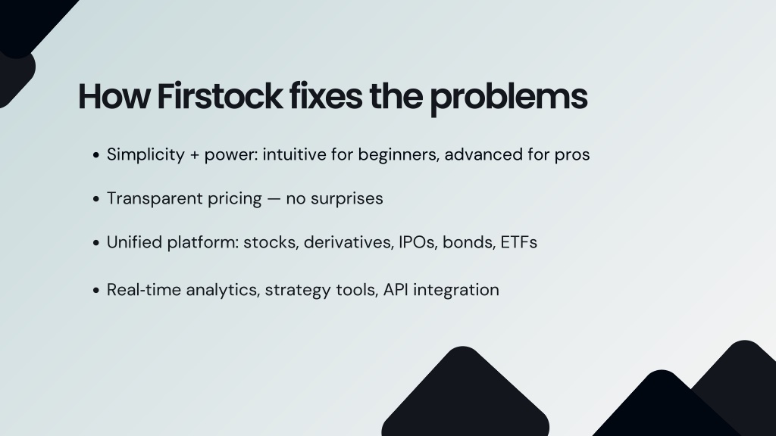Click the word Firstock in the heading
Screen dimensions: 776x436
[x=220, y=96]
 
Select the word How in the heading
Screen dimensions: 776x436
[x=114, y=96]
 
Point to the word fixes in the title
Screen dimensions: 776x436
[x=326, y=96]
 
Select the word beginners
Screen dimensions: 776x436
[x=399, y=155]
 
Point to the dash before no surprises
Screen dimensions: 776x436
[x=274, y=199]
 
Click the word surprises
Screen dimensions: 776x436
[x=346, y=200]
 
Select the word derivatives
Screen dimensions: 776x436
[x=348, y=243]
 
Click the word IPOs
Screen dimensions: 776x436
[x=418, y=243]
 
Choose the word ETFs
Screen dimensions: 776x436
[x=518, y=242]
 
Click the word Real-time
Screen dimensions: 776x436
[x=144, y=290]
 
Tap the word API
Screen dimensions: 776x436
[x=396, y=290]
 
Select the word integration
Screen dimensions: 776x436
[x=455, y=291]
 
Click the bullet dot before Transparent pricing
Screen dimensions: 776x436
[x=96, y=199]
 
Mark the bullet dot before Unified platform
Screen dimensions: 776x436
[x=96, y=243]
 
